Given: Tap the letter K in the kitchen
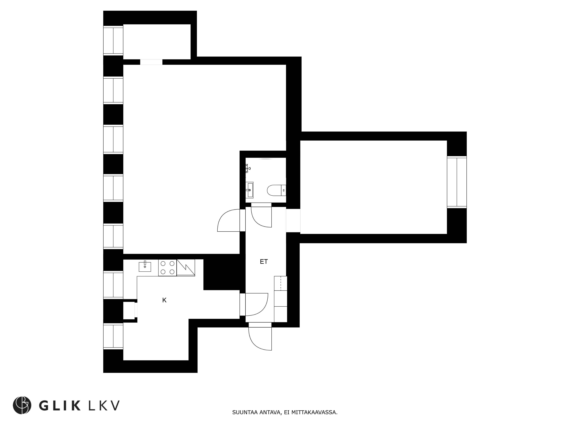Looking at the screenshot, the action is click(164, 300).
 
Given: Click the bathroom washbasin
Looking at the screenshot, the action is click(249, 190).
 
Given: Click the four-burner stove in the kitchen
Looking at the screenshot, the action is click(167, 268).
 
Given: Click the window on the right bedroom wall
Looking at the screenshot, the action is click(457, 182).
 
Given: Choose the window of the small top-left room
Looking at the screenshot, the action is click(113, 40).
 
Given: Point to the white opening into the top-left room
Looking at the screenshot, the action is click(151, 62).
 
